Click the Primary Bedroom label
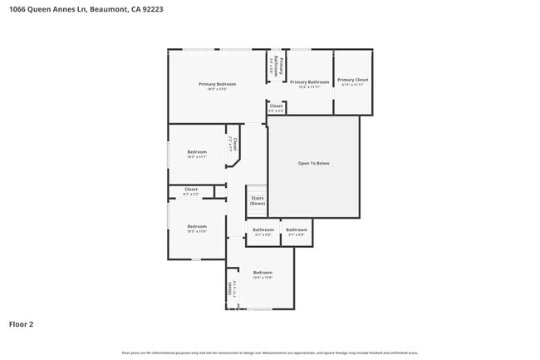(x=217, y=84)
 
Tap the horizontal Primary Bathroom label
(x=309, y=82)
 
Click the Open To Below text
(x=313, y=163)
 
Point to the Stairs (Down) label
(x=258, y=200)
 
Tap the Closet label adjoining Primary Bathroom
(x=276, y=106)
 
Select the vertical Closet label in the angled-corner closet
(x=234, y=144)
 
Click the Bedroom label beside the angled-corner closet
(x=197, y=152)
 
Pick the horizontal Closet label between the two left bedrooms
(x=191, y=190)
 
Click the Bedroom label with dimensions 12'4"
(x=263, y=273)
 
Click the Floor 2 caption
(x=21, y=324)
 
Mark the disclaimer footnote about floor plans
(x=270, y=353)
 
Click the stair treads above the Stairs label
(x=257, y=190)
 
